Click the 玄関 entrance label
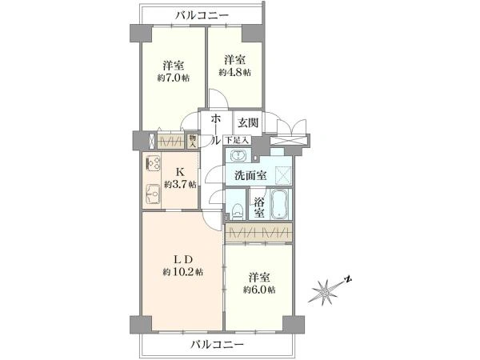[248, 122]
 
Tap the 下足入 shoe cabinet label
[238, 140]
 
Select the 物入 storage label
[192, 141]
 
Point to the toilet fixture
[238, 211]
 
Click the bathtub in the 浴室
[278, 204]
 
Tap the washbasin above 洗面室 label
[238, 156]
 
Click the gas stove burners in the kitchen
[153, 164]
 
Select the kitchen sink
[152, 194]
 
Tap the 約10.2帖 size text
[182, 271]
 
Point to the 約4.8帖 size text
[234, 73]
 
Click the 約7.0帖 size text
[174, 78]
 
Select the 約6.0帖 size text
[259, 290]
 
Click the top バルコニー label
[202, 15]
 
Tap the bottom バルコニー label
[218, 345]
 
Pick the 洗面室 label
[250, 176]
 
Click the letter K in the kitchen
[180, 172]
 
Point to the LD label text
[182, 260]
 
